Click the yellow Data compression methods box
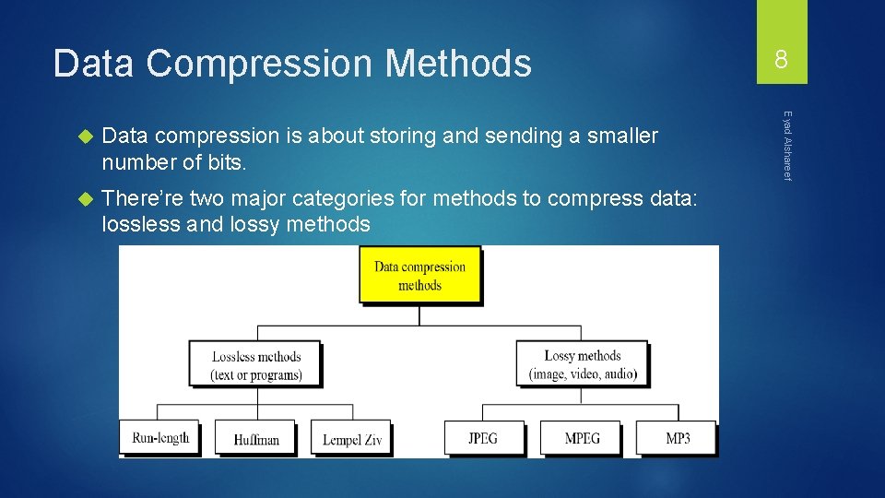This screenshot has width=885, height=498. [x=419, y=276]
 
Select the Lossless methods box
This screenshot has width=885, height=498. [x=256, y=365]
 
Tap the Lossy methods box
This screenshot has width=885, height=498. [x=582, y=364]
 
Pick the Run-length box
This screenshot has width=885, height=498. [x=160, y=438]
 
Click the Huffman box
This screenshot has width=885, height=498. [x=256, y=439]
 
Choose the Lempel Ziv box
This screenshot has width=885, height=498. [x=351, y=439]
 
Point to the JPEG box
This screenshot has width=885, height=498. [x=484, y=438]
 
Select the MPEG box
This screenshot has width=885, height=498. [x=581, y=438]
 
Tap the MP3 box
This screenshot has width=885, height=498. [x=678, y=438]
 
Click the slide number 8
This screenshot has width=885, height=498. [x=781, y=61]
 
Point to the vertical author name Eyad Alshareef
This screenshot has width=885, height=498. [x=787, y=146]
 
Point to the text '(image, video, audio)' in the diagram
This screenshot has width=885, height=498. [x=583, y=374]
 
